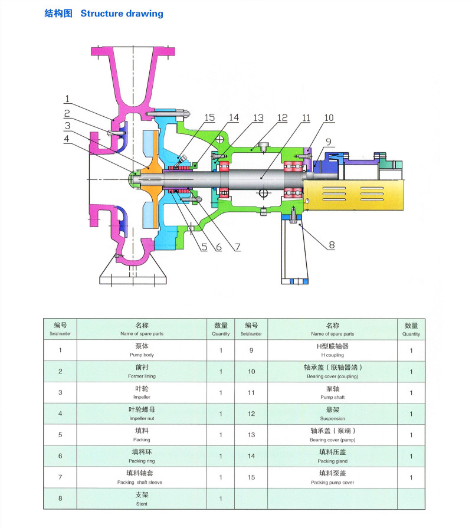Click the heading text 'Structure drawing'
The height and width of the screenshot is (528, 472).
click(x=122, y=13)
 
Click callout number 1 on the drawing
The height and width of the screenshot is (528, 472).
click(x=68, y=99)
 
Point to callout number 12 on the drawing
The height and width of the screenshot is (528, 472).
click(x=283, y=118)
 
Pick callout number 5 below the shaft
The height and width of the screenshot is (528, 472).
click(x=204, y=247)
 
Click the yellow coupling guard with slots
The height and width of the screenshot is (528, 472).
click(x=353, y=195)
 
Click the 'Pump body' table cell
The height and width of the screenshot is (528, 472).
click(x=142, y=350)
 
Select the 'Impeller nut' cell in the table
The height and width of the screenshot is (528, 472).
click(x=142, y=414)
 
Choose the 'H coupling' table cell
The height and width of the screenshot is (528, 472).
click(x=332, y=350)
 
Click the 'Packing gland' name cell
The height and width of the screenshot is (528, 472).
click(x=332, y=456)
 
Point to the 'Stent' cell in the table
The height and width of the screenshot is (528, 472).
click(x=142, y=499)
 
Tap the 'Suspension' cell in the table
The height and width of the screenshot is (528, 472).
click(x=332, y=414)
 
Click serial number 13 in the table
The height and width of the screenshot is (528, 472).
click(x=251, y=435)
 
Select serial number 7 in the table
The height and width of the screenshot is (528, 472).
click(x=60, y=477)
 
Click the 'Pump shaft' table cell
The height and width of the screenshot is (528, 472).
click(x=332, y=392)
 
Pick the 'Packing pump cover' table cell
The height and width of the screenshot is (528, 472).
click(x=332, y=477)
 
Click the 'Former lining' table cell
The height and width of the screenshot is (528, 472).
click(x=142, y=371)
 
